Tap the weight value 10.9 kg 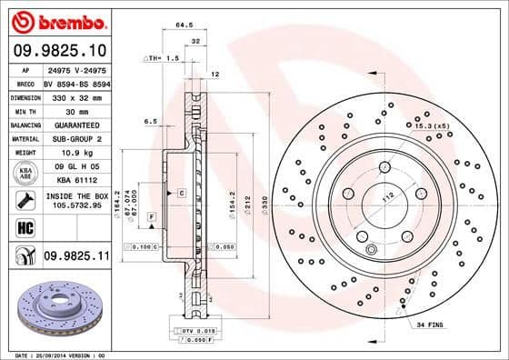click(x=75, y=152)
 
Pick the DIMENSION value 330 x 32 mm click(x=75, y=96)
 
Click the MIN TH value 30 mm click(x=75, y=110)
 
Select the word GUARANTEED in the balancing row click(x=75, y=125)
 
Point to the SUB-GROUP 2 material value click(x=75, y=138)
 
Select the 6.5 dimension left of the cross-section click(x=151, y=120)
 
